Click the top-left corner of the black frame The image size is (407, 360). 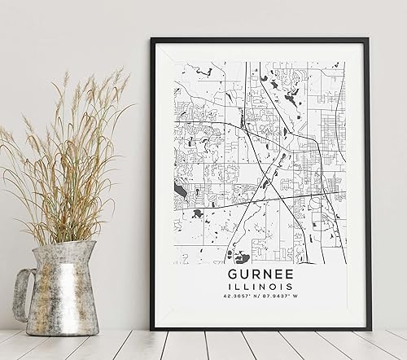click(155, 39)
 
